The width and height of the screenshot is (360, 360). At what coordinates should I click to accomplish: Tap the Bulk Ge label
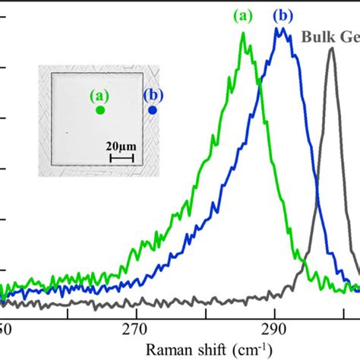click(330, 35)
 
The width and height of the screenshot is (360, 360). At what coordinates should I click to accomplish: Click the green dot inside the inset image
click(100, 109)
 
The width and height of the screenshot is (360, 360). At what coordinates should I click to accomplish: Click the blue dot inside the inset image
click(153, 109)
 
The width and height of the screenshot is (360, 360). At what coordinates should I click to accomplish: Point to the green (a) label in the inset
click(99, 96)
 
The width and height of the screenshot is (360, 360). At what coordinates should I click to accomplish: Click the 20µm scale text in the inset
click(122, 145)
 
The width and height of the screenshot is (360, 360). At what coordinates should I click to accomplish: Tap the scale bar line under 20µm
click(122, 158)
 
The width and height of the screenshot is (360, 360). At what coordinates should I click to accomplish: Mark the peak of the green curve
click(244, 33)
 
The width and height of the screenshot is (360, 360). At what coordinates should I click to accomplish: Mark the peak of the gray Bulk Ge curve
click(332, 49)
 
